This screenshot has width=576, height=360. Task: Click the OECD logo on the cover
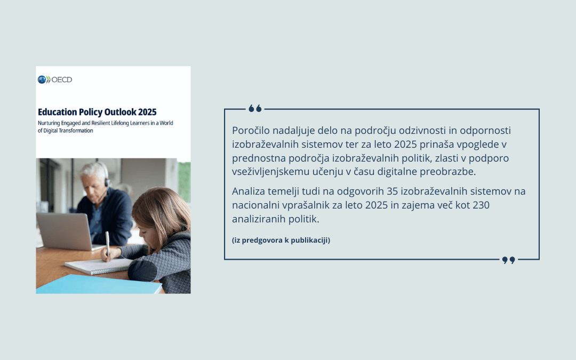click(x=54, y=79)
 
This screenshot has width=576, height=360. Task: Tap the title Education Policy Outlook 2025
click(x=97, y=112)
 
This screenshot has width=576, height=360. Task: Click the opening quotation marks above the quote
click(x=255, y=109)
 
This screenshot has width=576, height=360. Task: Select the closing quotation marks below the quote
click(x=508, y=260)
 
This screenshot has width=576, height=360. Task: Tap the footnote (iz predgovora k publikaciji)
click(x=281, y=240)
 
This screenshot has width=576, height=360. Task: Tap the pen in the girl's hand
click(x=107, y=243)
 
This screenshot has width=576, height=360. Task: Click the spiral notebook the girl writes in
click(x=96, y=265)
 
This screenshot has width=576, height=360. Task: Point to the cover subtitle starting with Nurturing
click(x=105, y=127)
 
